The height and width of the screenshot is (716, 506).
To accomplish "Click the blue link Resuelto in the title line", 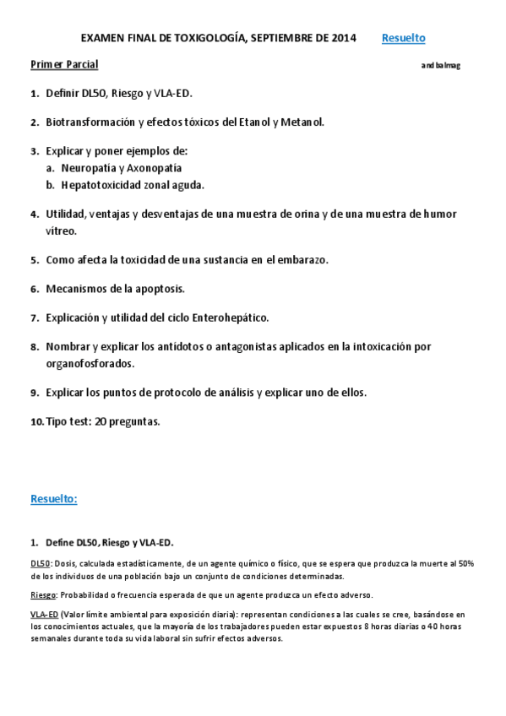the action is pos(403,38).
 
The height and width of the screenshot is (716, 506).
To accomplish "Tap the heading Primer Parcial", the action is pos(64,64).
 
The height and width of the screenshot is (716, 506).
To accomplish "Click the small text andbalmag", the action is pos(440,65).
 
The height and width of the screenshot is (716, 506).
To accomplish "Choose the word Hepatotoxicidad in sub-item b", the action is pos(101,184).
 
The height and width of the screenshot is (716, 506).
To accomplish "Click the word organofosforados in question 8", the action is pos(90,363).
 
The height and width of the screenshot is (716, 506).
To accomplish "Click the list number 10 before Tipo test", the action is pos(36,421).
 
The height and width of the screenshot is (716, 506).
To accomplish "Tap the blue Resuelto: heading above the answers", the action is pos(54,499).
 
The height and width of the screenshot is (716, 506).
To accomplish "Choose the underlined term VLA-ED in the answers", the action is pos(44,615).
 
